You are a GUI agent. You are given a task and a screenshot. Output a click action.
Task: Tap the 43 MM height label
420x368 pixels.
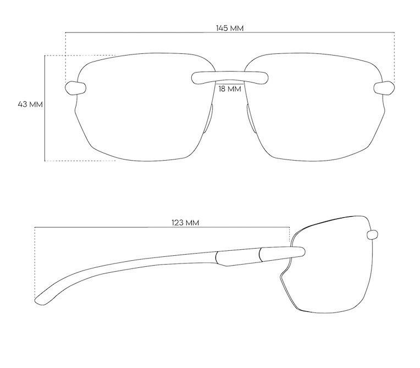click(30, 103)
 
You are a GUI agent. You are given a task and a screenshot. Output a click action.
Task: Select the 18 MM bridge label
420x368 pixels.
click(230, 89)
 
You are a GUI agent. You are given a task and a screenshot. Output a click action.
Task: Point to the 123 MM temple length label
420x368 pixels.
click(185, 222)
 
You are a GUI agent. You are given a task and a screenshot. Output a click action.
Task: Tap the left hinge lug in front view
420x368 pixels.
click(75, 87)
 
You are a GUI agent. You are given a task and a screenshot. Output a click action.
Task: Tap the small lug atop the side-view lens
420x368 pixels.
click(372, 234)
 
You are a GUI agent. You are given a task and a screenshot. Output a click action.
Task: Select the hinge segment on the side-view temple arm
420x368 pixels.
click(239, 256)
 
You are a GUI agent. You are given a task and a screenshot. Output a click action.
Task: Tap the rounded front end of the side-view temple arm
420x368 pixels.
click(299, 252)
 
